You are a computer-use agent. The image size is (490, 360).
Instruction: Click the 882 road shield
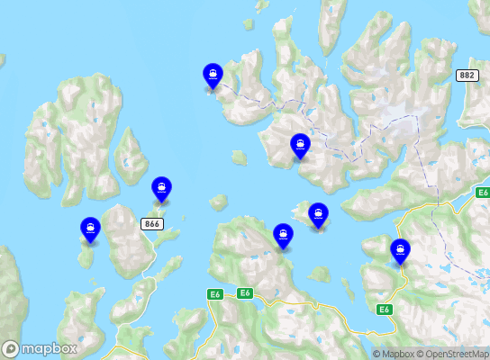tap(467, 76)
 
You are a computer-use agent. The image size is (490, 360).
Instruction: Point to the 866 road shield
tap(151, 222)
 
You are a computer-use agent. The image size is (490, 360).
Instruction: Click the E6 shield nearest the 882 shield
tap(483, 193)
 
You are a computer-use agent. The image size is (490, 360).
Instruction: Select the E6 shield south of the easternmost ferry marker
tap(385, 310)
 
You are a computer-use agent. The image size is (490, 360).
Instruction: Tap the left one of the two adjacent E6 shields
tap(214, 294)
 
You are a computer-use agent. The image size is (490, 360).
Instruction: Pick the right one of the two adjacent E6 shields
tap(244, 293)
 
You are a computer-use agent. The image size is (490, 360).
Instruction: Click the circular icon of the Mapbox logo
tap(11, 348)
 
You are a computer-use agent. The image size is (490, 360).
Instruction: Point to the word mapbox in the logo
tap(50, 348)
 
